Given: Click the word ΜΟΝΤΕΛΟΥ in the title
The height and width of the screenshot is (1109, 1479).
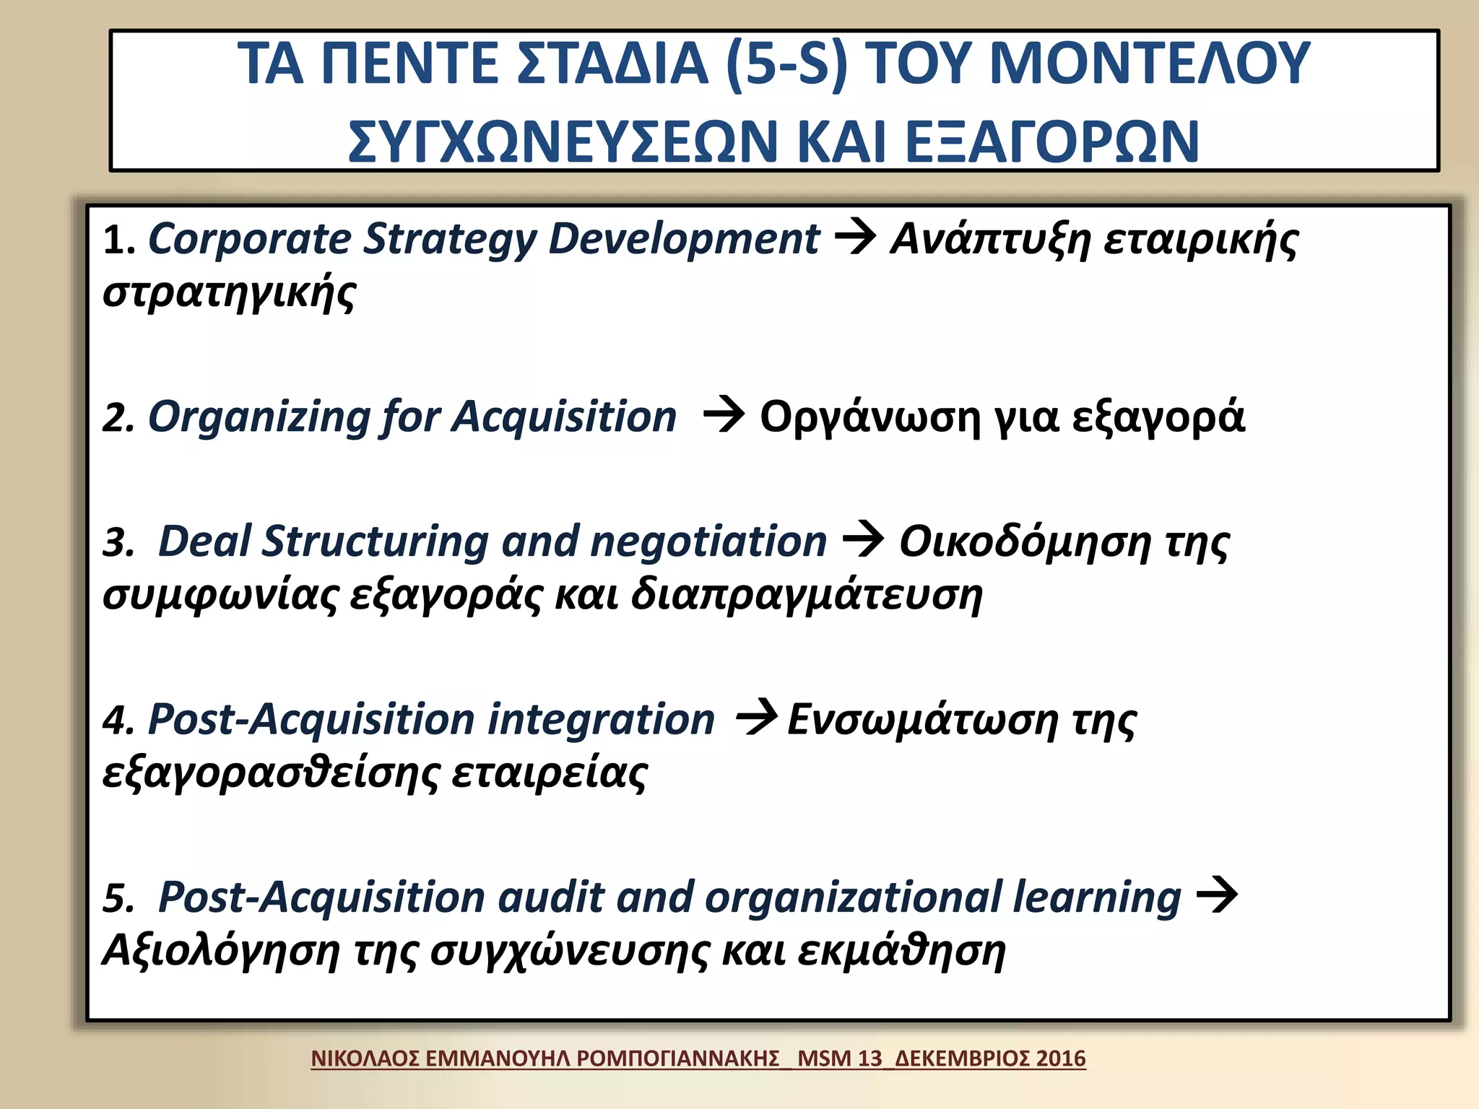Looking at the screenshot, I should tap(1149, 64).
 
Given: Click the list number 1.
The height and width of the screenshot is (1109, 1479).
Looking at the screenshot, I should tap(116, 240).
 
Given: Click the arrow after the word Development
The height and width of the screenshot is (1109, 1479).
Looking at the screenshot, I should tap(855, 237).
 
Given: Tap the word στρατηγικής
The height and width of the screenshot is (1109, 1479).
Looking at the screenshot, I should tap(230, 292).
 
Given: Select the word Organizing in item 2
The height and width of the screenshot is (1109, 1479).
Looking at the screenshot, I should tap(259, 418).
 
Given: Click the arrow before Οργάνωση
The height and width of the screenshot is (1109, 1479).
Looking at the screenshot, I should tap(724, 415).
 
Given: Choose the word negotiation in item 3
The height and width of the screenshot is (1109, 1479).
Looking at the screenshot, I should tap(708, 542).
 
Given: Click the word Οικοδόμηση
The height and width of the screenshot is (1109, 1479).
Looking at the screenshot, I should tap(1025, 542).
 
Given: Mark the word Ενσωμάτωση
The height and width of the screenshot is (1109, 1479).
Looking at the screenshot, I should tap(922, 720).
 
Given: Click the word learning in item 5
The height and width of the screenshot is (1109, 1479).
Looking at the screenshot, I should tap(1097, 897).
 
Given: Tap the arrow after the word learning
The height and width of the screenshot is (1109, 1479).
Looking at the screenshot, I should tap(1218, 895).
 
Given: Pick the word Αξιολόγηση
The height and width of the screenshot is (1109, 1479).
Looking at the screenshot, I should tap(221, 951).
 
